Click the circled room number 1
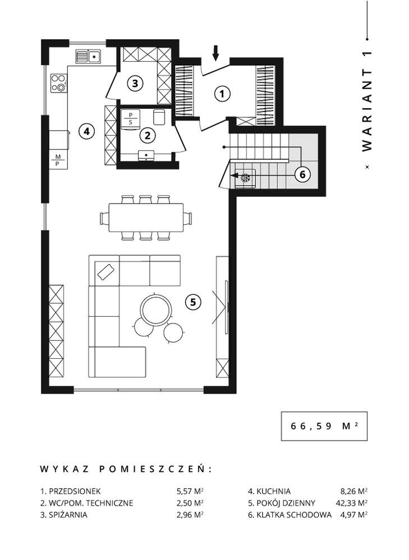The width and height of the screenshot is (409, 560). [222, 95]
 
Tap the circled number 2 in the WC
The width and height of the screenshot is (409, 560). [147, 135]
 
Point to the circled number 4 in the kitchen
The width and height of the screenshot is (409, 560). [85, 132]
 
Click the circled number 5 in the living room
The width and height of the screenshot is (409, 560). [192, 302]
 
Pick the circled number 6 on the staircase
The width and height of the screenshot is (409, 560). [302, 174]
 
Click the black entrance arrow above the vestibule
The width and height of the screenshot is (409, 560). [216, 54]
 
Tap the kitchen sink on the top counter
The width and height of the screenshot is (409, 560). [88, 56]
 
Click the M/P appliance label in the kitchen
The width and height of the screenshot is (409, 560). [58, 160]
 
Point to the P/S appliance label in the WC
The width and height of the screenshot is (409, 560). [131, 117]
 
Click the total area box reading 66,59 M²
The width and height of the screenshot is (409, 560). [324, 425]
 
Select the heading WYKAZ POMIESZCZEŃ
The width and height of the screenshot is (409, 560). [126, 468]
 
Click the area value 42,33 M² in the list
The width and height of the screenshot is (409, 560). [351, 503]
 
